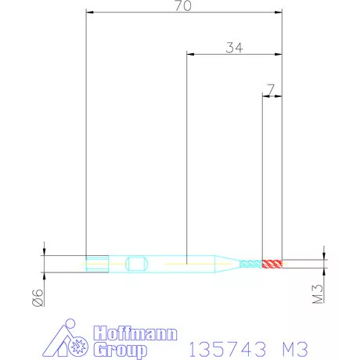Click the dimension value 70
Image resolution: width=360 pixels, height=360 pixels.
click(183, 5)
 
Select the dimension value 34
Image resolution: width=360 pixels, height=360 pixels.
click(234, 48)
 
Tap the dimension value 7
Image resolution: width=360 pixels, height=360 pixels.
click(271, 89)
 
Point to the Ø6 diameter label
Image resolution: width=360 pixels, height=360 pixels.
click(38, 297)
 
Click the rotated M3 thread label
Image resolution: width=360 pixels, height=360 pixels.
click(318, 293)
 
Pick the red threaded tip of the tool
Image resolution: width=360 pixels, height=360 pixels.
click(272, 264)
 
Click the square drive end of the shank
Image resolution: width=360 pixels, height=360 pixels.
click(97, 264)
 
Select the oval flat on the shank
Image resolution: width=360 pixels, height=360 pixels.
click(137, 264)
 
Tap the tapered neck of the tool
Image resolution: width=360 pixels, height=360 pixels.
click(227, 264)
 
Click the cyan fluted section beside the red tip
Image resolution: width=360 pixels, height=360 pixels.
click(251, 264)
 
